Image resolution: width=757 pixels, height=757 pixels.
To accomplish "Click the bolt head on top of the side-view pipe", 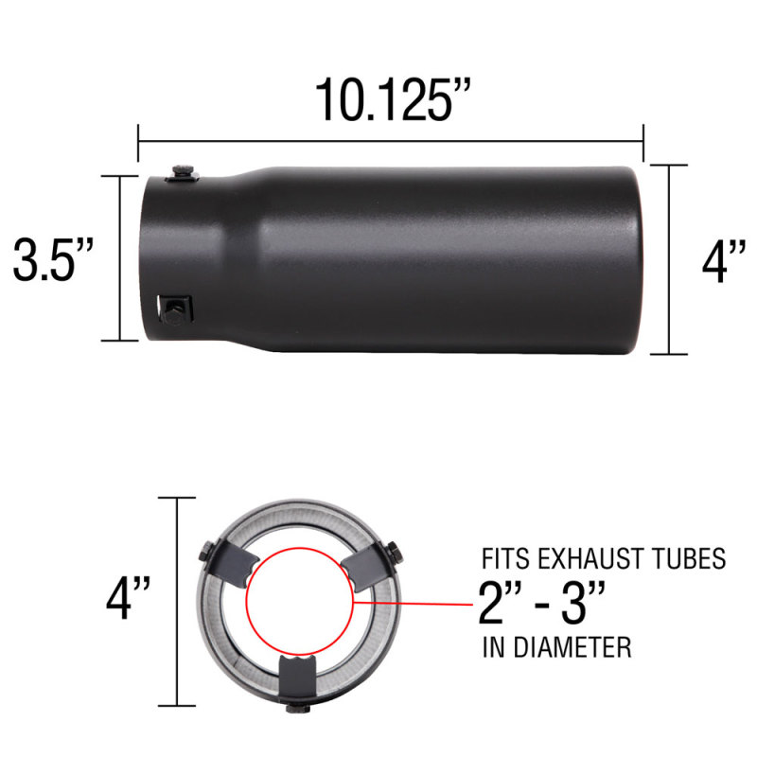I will pos(183,171).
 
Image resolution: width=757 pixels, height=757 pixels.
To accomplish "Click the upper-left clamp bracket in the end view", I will pos(227,565).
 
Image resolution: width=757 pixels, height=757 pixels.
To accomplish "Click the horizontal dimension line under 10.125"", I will pos(391,142).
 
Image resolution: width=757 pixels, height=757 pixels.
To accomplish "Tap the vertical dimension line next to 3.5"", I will pos(121,258).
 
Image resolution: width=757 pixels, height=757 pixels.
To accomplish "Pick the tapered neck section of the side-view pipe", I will pos(240,255).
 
